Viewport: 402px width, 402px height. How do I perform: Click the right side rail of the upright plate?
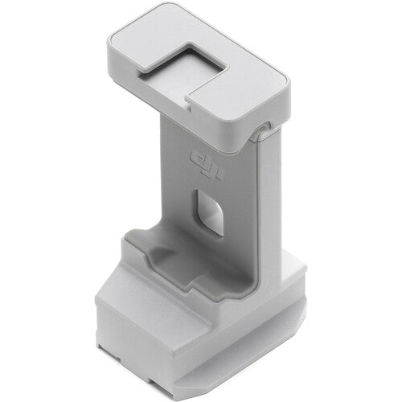click(273, 201)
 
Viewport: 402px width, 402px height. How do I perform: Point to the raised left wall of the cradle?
click(133, 245)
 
